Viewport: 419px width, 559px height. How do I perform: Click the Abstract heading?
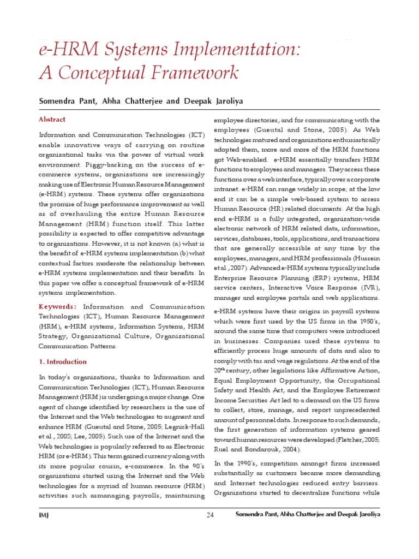(x=52, y=120)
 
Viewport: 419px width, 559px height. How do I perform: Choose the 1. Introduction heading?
(x=63, y=361)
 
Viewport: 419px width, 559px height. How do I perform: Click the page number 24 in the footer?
(x=211, y=515)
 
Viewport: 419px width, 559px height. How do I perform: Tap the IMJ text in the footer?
(x=44, y=515)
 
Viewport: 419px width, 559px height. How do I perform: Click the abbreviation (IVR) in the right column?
(x=368, y=287)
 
